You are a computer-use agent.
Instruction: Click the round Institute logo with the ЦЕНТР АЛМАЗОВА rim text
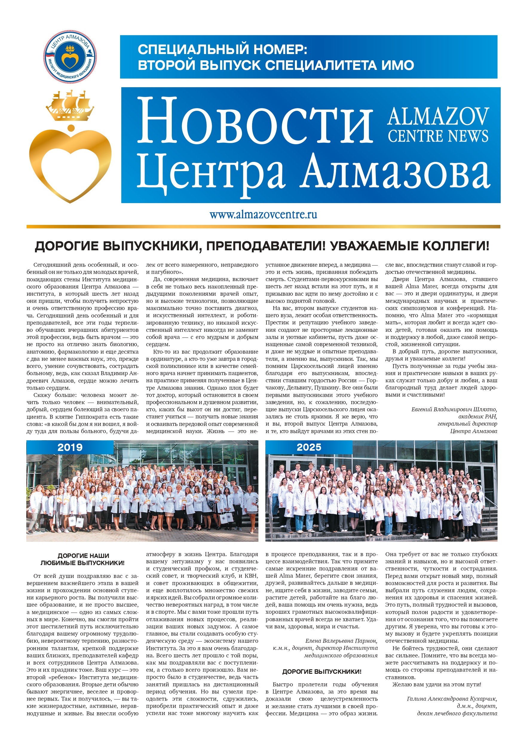[70, 57]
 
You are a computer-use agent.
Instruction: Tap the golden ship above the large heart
[70, 105]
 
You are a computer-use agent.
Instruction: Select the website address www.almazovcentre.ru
[263, 215]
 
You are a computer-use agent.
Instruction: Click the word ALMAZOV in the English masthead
[438, 116]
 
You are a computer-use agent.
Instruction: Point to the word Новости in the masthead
[255, 123]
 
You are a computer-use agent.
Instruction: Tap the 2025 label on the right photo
[309, 447]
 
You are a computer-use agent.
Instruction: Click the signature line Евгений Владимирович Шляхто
[454, 409]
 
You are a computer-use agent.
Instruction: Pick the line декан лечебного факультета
[457, 713]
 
